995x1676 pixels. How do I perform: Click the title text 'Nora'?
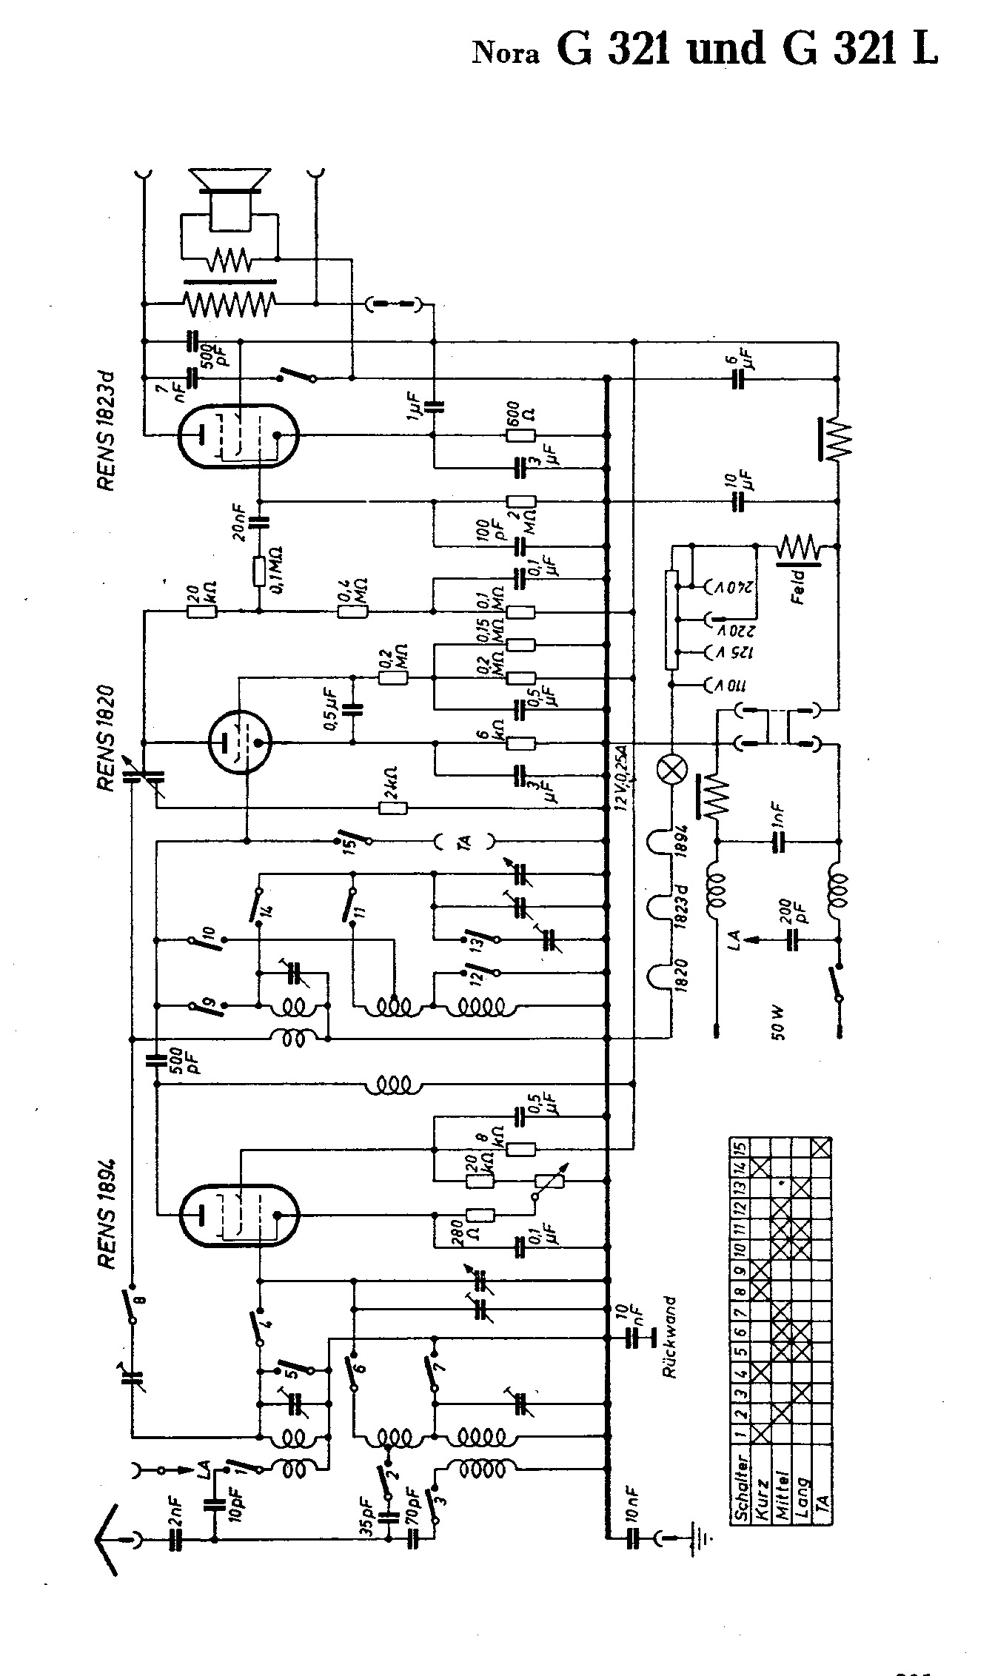[506, 53]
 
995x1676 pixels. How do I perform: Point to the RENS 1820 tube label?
[105, 737]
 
